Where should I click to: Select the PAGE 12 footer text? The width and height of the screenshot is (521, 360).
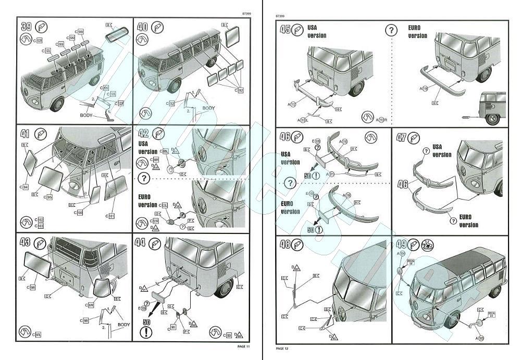tap(283, 348)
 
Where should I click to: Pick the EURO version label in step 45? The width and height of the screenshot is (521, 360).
tap(417, 31)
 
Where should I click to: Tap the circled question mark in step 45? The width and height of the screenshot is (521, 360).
tap(391, 30)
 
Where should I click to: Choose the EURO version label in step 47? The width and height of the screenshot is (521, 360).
tap(469, 221)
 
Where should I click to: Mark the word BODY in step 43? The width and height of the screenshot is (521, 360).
tap(123, 325)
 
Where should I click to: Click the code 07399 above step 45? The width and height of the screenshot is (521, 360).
tap(281, 17)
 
